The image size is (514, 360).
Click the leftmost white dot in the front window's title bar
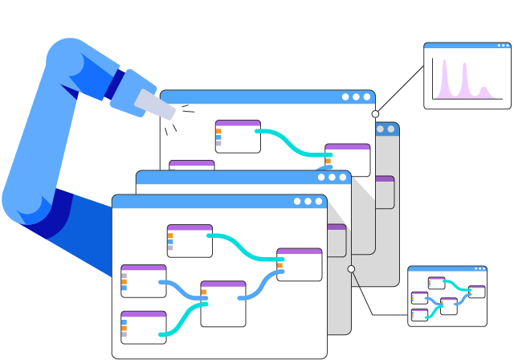[x=297, y=201]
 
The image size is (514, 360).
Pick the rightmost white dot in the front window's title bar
[x=319, y=201]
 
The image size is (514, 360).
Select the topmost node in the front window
[x=190, y=240]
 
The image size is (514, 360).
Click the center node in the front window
[x=222, y=303]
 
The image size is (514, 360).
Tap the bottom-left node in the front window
[x=143, y=327]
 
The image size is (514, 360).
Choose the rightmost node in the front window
[x=299, y=264]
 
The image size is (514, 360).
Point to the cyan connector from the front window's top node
[x=244, y=245]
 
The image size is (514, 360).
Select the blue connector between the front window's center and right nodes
[x=260, y=286]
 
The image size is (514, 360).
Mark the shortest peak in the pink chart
[x=484, y=91]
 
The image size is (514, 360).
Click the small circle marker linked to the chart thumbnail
[x=375, y=114]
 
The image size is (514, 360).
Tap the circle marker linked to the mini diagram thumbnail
[x=351, y=269]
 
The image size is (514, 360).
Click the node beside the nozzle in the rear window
[x=238, y=136]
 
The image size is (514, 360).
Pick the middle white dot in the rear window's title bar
[x=356, y=96]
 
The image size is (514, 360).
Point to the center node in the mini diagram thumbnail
[x=448, y=305]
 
